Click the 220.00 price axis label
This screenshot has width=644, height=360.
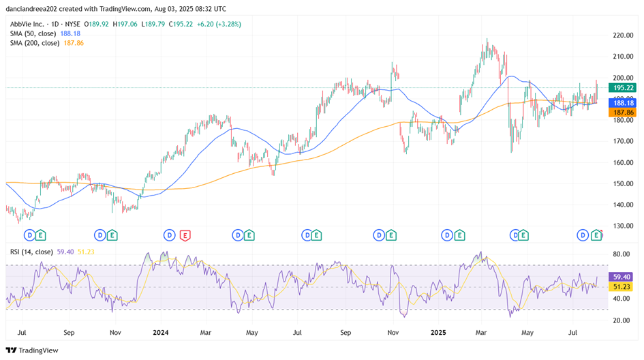624,35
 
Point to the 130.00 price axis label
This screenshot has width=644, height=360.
624,226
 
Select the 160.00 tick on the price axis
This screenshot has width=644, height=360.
624,162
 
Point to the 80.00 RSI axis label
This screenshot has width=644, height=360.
622,254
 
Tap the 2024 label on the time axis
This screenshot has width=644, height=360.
161,333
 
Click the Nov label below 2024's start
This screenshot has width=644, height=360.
115,333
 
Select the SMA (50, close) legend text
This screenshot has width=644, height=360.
33,33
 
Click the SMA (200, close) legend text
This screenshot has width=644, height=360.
35,43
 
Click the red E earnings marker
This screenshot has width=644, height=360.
185,235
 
